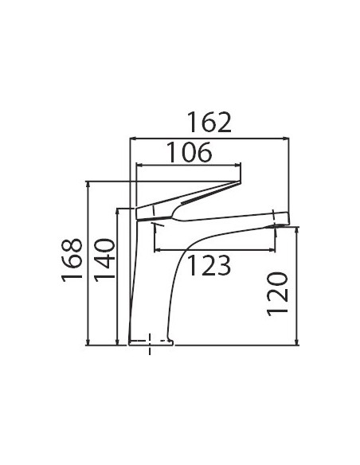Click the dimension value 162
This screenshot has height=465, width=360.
click(209, 122)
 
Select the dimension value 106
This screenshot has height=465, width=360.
click(190, 152)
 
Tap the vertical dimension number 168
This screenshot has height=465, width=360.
click(72, 258)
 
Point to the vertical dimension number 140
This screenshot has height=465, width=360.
click(104, 258)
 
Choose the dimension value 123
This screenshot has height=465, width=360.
click(209, 265)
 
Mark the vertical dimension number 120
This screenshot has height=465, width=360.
click(277, 294)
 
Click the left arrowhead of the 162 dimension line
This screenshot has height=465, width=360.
click(134, 139)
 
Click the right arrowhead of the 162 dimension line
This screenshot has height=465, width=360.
click(286, 139)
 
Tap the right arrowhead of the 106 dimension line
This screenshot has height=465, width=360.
click(237, 165)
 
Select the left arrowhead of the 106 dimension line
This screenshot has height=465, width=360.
click(139, 165)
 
